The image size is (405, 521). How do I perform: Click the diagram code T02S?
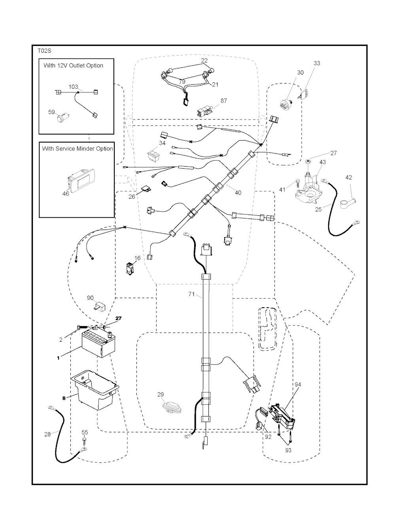coord(45,51)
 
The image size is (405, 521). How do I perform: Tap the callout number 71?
coord(191,294)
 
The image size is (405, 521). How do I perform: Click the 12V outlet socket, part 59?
coord(62,118)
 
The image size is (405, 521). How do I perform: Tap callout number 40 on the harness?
coord(238,193)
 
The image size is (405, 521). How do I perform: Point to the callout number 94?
coord(298,384)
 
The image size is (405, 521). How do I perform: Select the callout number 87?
coord(224,101)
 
